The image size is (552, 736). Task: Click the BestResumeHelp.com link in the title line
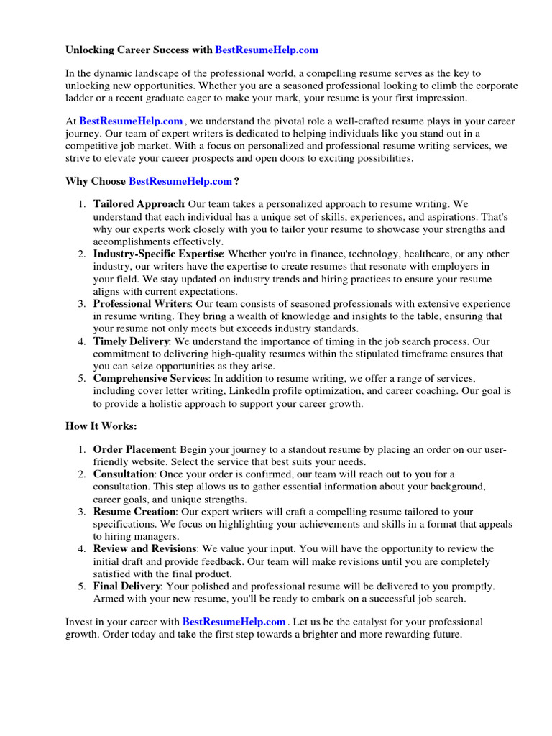point(267,50)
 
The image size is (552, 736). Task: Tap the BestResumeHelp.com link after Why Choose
point(180,181)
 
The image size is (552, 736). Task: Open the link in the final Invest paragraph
point(234,621)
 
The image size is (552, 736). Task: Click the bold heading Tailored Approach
point(139,205)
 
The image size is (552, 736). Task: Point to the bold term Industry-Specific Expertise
point(158,254)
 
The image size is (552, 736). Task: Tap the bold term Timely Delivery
point(131,341)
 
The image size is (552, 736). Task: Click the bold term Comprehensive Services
point(151,378)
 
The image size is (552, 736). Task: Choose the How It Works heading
point(101,426)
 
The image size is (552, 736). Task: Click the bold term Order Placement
point(134,450)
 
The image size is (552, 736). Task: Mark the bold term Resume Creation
point(134,512)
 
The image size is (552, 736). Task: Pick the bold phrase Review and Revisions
point(144,549)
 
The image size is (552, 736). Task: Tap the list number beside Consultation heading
point(83,474)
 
